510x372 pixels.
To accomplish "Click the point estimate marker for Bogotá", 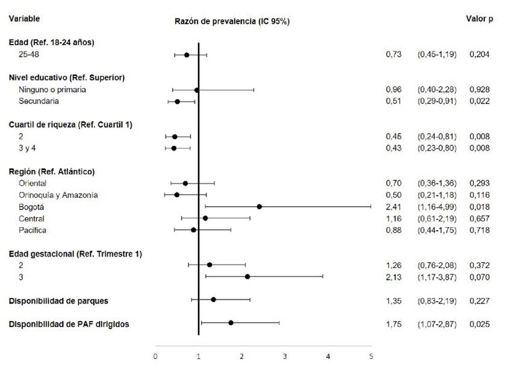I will [x=260, y=207].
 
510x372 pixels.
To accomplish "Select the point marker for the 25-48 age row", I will [x=187, y=55].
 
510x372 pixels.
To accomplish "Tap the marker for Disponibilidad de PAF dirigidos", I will [x=231, y=323].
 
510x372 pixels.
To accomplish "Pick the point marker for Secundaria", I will [x=177, y=102].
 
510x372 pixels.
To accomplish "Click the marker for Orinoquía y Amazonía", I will [x=176, y=195].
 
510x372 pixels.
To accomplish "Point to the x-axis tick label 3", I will [x=285, y=356].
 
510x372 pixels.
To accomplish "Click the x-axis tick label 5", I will [x=371, y=356].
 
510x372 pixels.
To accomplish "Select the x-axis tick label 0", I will [x=155, y=356].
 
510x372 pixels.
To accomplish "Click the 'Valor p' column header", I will [x=479, y=19].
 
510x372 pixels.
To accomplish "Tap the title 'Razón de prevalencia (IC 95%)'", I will [x=232, y=22].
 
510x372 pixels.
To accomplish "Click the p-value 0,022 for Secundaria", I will [x=479, y=102].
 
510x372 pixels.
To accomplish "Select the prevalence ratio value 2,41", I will [x=393, y=207].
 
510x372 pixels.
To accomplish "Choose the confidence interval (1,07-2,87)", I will [x=437, y=325].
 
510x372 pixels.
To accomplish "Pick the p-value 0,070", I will [x=479, y=277].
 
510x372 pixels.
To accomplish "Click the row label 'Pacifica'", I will [x=33, y=230].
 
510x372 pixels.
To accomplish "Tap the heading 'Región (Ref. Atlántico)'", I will [x=52, y=171].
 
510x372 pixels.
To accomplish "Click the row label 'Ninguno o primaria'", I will [x=52, y=90].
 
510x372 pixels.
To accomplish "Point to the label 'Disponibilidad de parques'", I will [x=58, y=300].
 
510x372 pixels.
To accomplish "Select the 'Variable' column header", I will [x=24, y=19].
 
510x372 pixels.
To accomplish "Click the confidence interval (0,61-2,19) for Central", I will [x=437, y=219].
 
